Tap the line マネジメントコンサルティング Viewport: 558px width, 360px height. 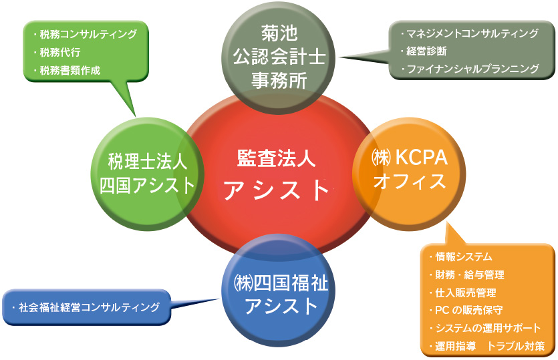472,33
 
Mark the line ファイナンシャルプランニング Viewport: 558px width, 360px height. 472,68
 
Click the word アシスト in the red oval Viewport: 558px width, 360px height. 277,190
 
